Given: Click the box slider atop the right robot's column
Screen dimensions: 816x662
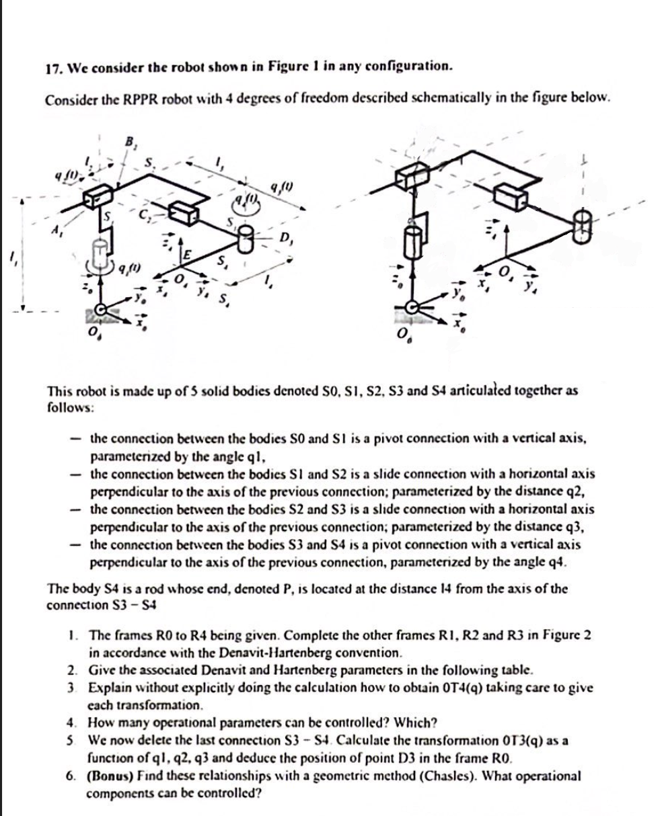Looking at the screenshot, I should pyautogui.click(x=410, y=179).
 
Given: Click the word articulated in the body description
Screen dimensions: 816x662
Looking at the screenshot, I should pyautogui.click(x=478, y=391).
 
